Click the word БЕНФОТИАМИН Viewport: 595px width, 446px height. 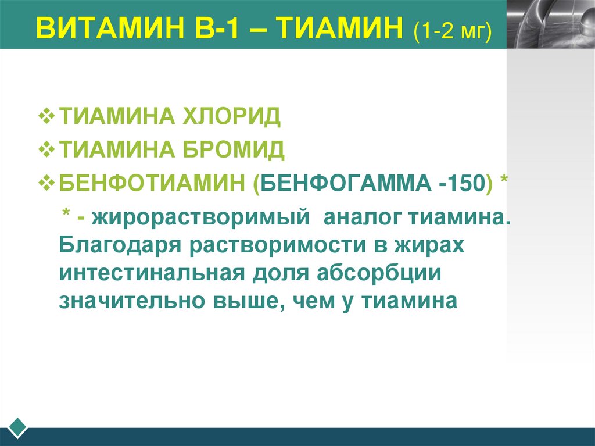[152, 184]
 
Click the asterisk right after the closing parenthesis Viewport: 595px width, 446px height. [504, 181]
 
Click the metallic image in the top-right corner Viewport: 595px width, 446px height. [550, 24]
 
